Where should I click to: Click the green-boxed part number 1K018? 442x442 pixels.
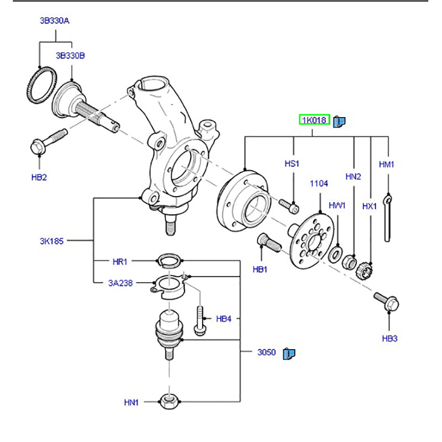(314, 120)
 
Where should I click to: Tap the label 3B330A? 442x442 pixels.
(54, 21)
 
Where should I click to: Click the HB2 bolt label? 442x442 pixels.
(40, 178)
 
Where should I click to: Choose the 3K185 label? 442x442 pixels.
(52, 241)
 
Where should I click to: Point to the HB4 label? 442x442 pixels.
(223, 318)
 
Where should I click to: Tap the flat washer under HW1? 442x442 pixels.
(335, 255)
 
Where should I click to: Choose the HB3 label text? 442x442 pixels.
(390, 338)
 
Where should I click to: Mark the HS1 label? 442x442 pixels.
(292, 164)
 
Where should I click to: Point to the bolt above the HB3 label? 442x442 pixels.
(387, 301)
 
